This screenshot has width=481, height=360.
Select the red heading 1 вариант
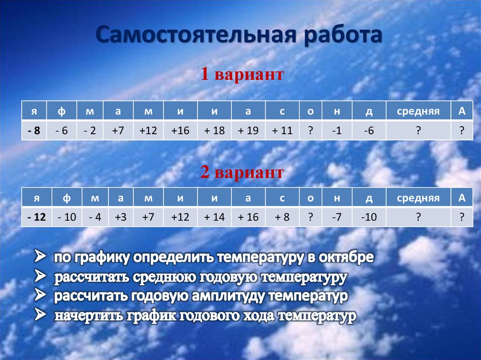242,74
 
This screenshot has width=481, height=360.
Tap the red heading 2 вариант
242,172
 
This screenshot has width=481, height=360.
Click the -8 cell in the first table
34,131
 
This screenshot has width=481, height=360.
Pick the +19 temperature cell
248,131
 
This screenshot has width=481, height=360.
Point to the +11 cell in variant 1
282,131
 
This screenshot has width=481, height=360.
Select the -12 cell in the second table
36,217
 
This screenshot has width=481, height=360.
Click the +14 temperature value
215,217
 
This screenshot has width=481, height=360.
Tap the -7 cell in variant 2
336,217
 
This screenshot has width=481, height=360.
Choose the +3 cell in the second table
120,217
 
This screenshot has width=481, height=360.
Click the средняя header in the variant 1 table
418,111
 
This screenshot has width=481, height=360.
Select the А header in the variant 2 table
462,198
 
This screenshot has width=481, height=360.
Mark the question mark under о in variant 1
310,131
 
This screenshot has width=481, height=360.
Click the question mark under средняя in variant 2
418,217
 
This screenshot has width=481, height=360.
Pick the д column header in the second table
369,198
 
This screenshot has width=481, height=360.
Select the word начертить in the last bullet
89,316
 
